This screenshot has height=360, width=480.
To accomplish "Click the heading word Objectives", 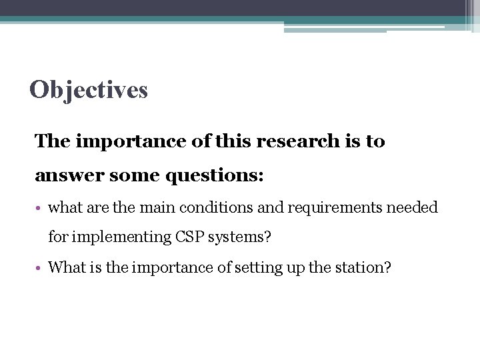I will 89,89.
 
